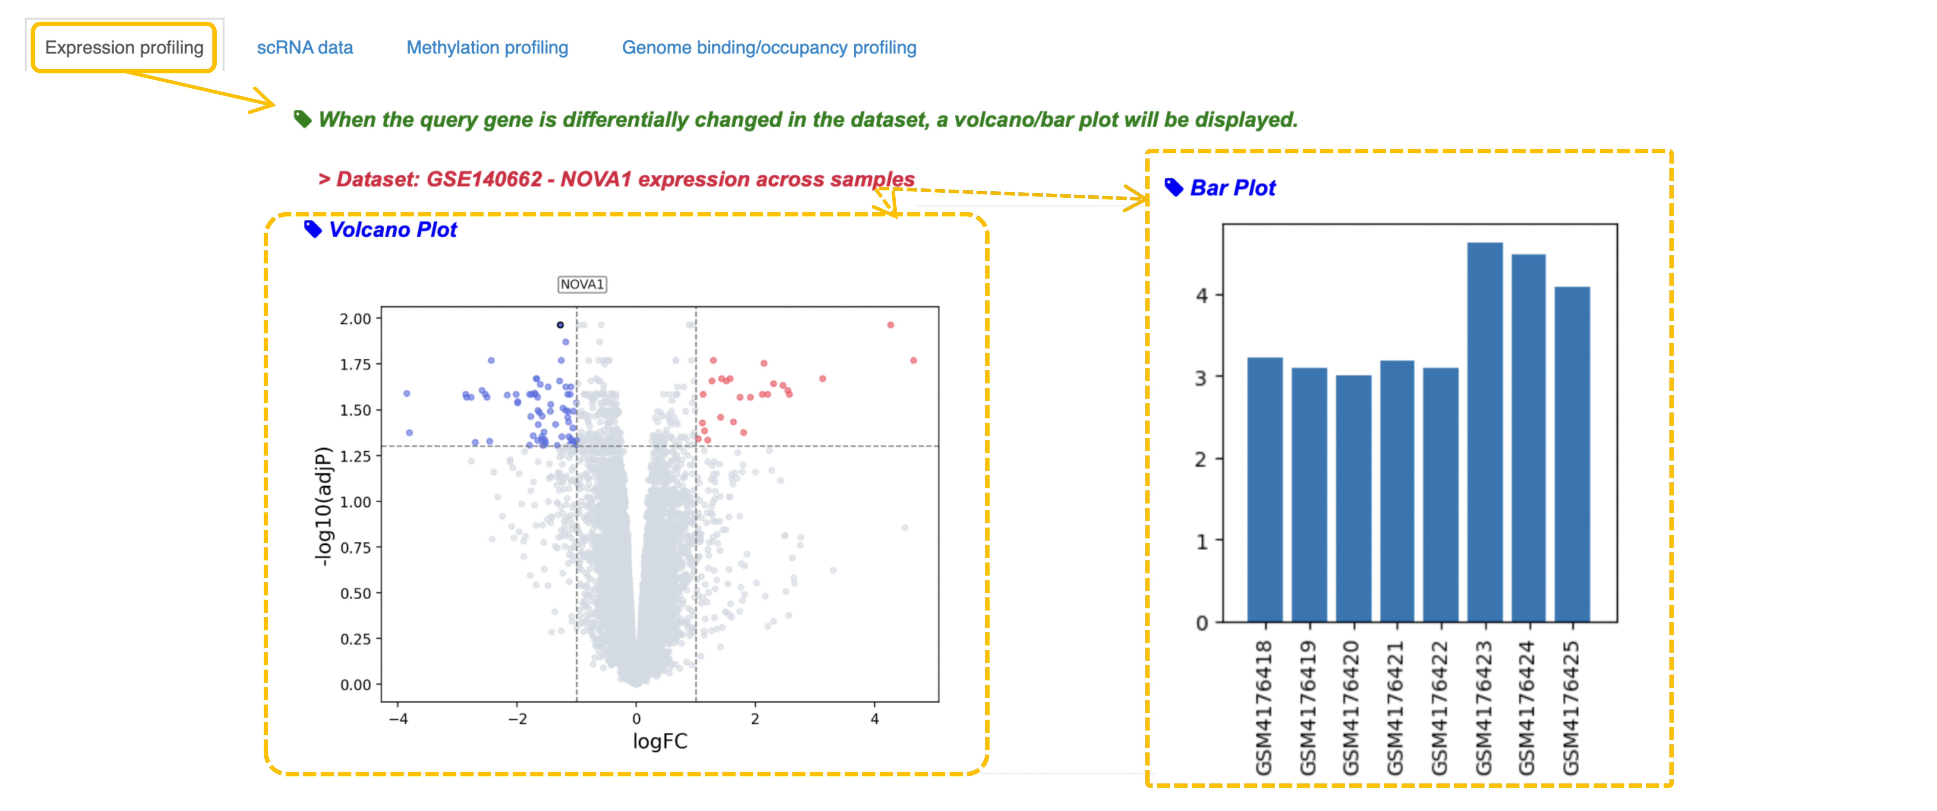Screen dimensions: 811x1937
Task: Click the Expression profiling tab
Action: coord(124,47)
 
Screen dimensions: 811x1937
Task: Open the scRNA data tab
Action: coord(305,47)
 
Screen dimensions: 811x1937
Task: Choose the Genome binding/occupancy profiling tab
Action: coord(768,47)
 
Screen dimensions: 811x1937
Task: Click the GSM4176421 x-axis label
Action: coord(1396,707)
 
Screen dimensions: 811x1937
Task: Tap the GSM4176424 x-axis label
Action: coord(1526,707)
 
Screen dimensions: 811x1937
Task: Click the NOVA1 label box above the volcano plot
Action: coord(582,284)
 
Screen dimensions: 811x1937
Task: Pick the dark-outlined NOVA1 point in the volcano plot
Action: coord(560,325)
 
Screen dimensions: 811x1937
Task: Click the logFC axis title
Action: coord(659,741)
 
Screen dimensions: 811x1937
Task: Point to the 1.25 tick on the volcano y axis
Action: coord(356,456)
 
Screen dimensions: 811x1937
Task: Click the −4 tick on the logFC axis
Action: coord(399,719)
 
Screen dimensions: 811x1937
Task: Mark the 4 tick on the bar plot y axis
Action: coord(1202,295)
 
